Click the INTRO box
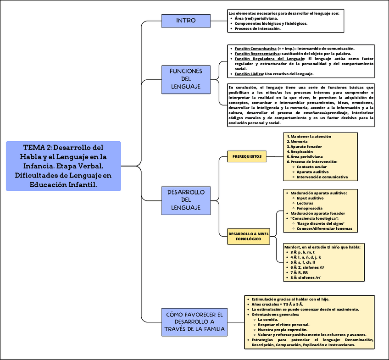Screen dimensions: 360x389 pyautogui.click(x=186, y=21)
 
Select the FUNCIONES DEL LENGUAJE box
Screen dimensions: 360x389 pyautogui.click(x=186, y=79)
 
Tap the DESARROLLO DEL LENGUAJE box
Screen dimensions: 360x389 pyautogui.click(x=186, y=200)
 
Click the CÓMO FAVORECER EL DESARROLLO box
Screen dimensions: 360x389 pyautogui.click(x=195, y=322)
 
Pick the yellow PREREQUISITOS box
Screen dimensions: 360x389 pyautogui.click(x=247, y=157)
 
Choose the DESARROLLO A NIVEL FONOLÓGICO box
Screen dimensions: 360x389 pyautogui.click(x=248, y=237)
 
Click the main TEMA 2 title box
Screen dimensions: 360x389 pyautogui.click(x=63, y=166)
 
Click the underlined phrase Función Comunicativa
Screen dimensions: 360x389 pyautogui.click(x=256, y=48)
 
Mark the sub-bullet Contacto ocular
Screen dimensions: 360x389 pyautogui.click(x=312, y=167)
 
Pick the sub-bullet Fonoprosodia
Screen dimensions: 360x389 pyautogui.click(x=310, y=208)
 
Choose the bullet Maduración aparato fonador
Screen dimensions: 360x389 pyautogui.click(x=317, y=213)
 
